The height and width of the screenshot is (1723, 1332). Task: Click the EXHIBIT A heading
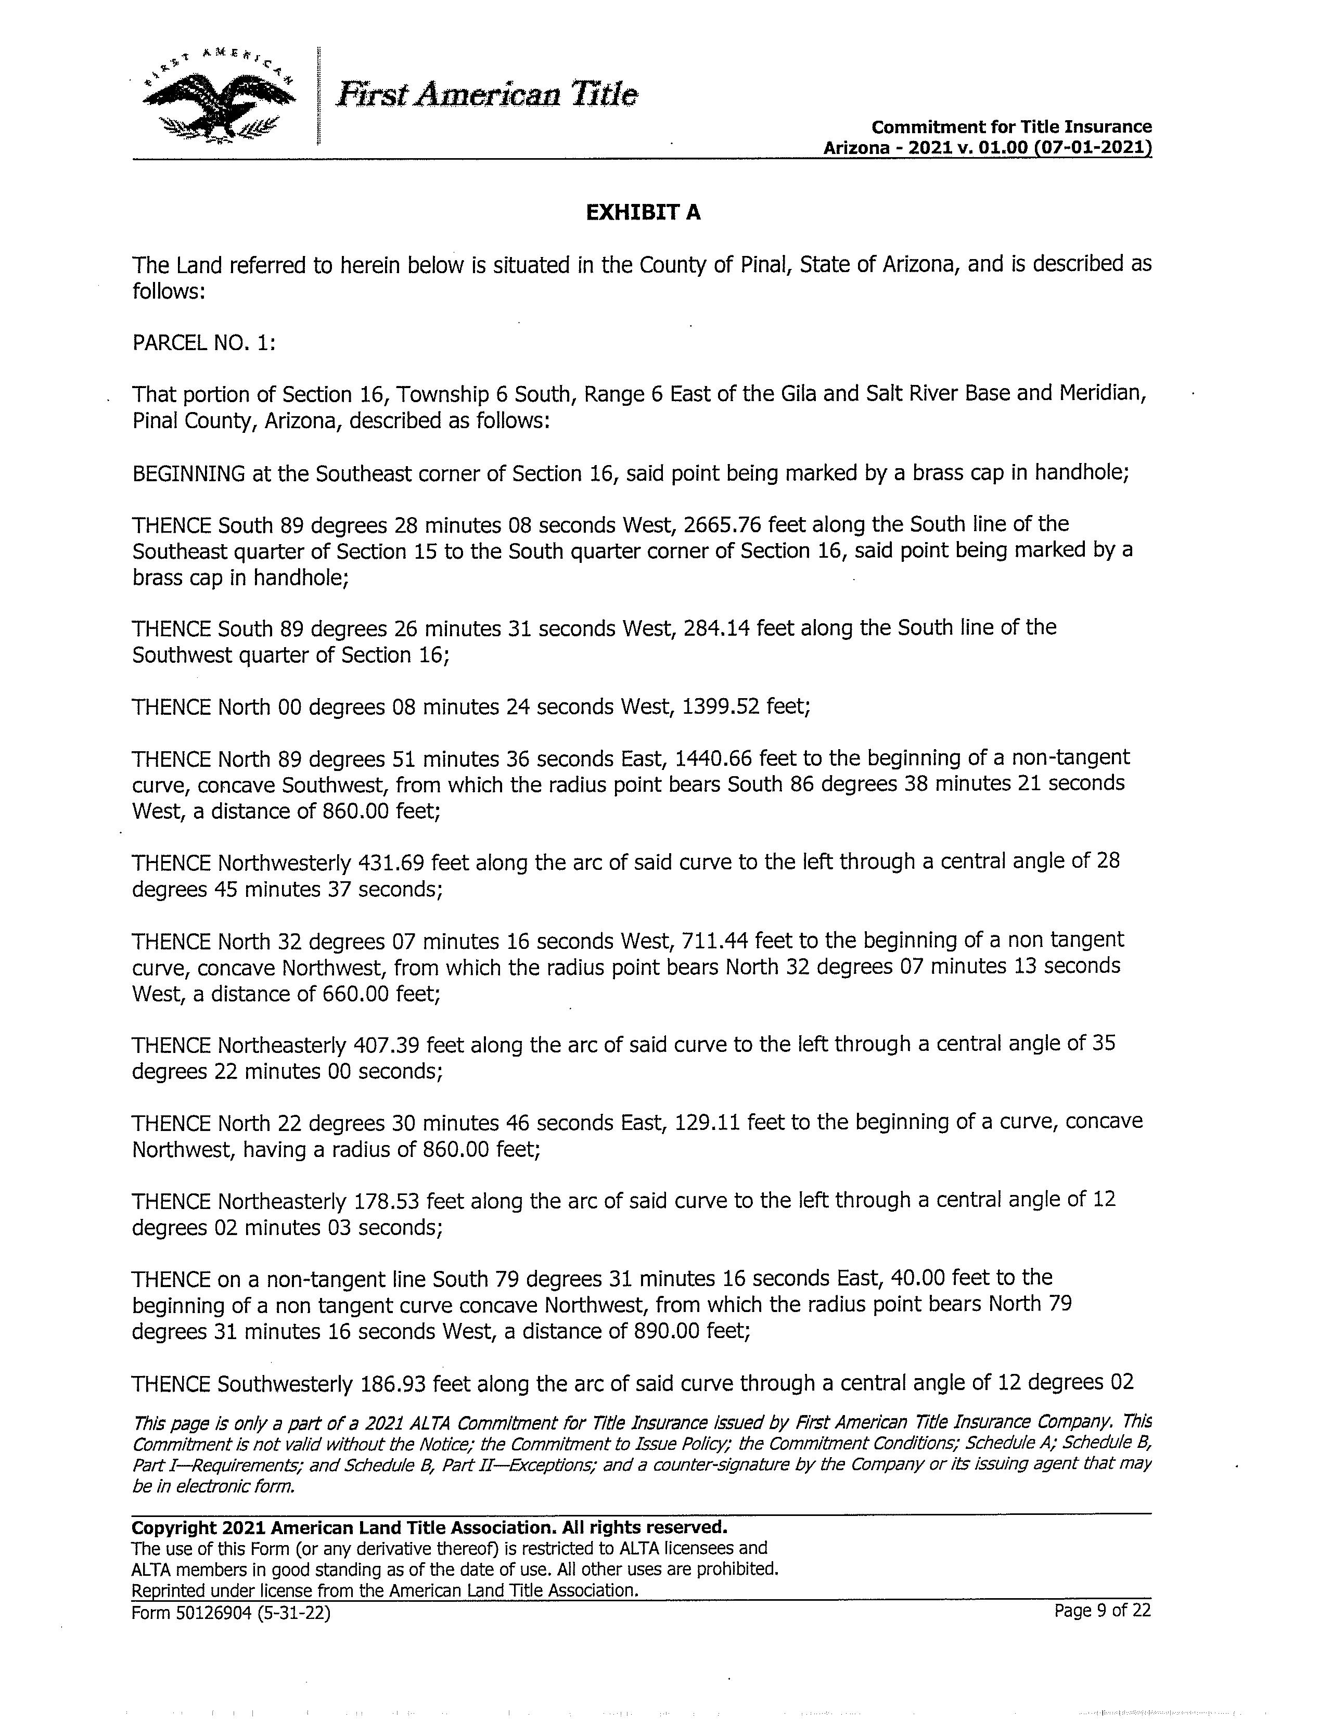pyautogui.click(x=643, y=212)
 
